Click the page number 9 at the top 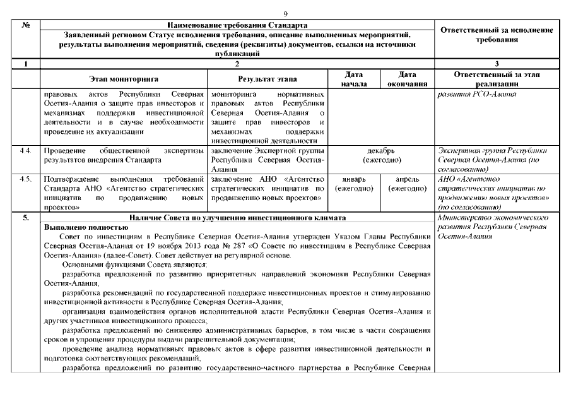285,13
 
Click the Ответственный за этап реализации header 495,79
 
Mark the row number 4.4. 26,151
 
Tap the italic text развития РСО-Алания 477,94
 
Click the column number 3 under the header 495,64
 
